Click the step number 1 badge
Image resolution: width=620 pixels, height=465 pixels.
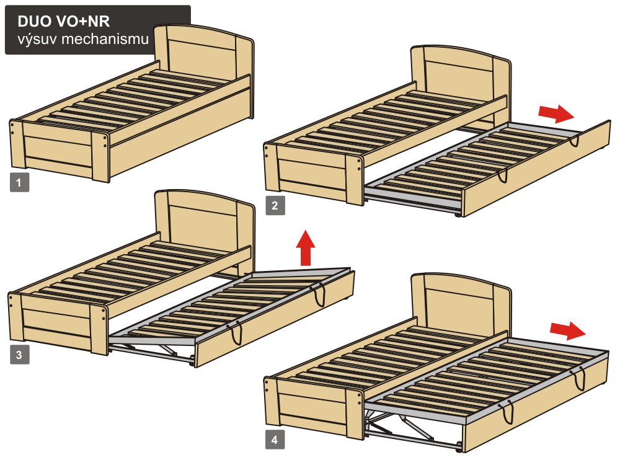19,182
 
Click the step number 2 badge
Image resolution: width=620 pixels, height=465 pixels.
275,206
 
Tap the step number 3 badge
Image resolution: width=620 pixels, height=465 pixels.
19,354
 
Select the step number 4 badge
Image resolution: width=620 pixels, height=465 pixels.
275,440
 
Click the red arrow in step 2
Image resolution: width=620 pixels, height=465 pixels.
556,114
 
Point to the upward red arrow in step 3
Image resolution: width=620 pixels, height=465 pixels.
306,247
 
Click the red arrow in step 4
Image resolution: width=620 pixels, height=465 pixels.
567,330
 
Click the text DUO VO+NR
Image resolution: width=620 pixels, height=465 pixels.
64,21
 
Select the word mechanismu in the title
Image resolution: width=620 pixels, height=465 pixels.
105,39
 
